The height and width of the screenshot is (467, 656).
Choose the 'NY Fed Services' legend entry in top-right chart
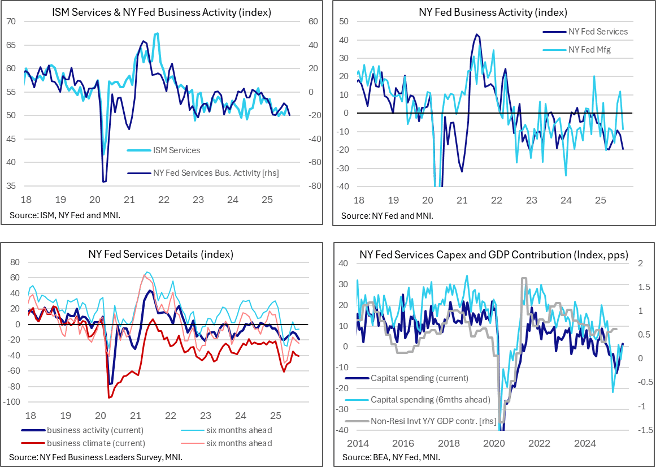(x=597, y=32)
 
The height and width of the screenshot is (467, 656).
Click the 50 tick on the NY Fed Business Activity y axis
(x=342, y=21)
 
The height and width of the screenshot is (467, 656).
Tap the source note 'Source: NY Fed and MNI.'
(x=387, y=216)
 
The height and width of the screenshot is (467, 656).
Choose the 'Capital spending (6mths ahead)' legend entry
(x=430, y=400)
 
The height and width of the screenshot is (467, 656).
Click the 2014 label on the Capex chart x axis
(x=358, y=443)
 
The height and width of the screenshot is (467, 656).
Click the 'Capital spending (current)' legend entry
(x=419, y=378)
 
